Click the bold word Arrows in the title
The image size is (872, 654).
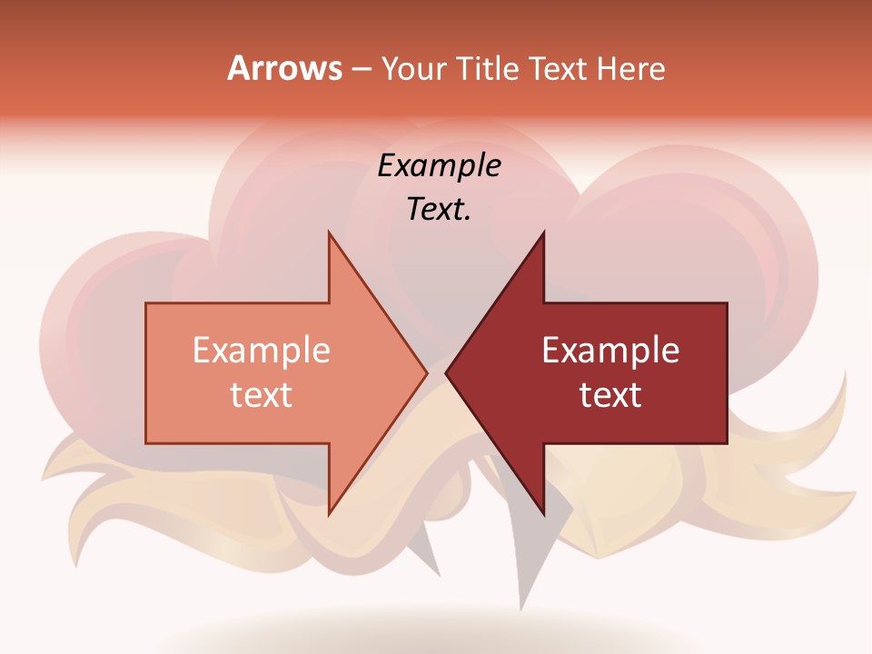coord(284,69)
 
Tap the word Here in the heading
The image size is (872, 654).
coord(630,69)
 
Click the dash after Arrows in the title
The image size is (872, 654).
coord(360,70)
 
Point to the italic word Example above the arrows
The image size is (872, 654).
coord(439,166)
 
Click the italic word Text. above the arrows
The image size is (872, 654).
coord(436,210)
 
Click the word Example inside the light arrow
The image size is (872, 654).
coord(262,351)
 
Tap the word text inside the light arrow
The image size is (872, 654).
coord(262,395)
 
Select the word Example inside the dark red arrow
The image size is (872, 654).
coord(610,351)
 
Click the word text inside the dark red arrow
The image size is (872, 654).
coord(610,395)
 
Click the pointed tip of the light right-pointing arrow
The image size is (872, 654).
coord(425,372)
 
